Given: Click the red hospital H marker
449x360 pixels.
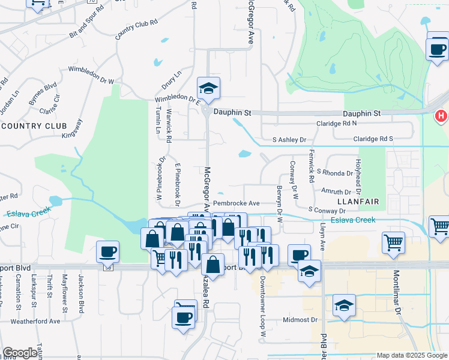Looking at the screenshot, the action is pyautogui.click(x=442, y=115).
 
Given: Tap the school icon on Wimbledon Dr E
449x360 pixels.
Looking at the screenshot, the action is pyautogui.click(x=208, y=89).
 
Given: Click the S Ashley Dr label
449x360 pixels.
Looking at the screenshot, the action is pyautogui.click(x=289, y=140).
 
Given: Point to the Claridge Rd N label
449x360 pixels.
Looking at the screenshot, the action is pyautogui.click(x=337, y=123).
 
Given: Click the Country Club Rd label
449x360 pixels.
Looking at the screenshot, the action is pyautogui.click(x=136, y=29).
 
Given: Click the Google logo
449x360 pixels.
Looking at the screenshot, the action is pyautogui.click(x=20, y=353).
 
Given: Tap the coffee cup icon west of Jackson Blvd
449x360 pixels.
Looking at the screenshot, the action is pyautogui.click(x=108, y=251).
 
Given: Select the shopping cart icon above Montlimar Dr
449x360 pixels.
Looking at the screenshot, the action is pyautogui.click(x=393, y=242).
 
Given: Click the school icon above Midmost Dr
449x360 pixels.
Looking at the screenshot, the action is pyautogui.click(x=344, y=307).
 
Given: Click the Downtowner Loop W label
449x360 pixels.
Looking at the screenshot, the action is pyautogui.click(x=263, y=306).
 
